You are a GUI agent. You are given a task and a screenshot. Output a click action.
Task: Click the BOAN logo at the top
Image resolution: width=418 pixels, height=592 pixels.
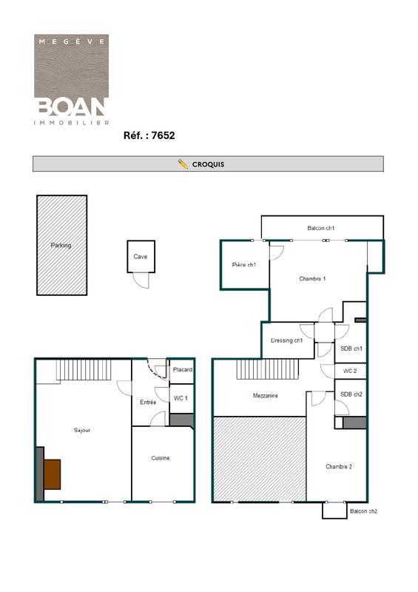[x=72, y=80]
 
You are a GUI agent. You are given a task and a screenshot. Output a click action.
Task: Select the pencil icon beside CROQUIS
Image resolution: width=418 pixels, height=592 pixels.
[x=183, y=164]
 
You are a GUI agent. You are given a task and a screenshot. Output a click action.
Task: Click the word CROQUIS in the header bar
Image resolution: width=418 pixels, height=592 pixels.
[x=208, y=164]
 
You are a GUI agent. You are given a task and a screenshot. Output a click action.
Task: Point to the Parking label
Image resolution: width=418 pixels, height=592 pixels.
[x=61, y=245]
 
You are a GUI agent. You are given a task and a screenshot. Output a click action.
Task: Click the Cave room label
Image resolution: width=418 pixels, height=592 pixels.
[x=140, y=257]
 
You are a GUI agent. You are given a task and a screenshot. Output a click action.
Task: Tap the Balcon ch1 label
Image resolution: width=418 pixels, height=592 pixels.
[x=321, y=228]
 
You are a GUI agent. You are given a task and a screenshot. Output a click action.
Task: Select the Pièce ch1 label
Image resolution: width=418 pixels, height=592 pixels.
[x=244, y=265]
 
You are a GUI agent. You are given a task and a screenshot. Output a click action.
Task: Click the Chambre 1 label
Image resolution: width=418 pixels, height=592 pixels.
[x=312, y=278]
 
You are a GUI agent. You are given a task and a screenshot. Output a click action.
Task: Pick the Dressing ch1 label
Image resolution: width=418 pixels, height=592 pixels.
[x=287, y=340]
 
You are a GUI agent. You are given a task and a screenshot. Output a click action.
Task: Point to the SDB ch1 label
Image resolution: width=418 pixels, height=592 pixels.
[x=351, y=349]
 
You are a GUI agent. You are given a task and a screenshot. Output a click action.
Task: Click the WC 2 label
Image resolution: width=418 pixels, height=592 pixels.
[x=350, y=371]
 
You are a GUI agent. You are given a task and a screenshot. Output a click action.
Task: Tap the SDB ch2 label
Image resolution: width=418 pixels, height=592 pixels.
[x=351, y=394]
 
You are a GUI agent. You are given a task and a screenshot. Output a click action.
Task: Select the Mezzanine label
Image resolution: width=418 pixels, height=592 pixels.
[x=265, y=396]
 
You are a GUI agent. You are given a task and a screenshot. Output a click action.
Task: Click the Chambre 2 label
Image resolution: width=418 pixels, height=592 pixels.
[x=338, y=466]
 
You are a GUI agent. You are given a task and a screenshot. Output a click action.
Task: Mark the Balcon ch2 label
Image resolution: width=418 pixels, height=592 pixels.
[x=363, y=511]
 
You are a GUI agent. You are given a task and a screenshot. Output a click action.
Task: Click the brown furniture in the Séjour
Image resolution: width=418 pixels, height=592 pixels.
[x=52, y=474]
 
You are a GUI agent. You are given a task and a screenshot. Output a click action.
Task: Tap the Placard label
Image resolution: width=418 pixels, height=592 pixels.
[x=182, y=369]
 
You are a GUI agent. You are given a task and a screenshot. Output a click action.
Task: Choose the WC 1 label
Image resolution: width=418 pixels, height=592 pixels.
[x=181, y=398]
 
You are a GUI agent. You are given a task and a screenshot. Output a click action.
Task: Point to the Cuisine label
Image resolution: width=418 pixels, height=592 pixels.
[x=161, y=458]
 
